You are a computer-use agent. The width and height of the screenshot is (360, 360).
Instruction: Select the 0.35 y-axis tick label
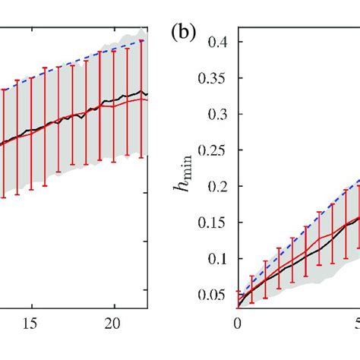click(215, 78)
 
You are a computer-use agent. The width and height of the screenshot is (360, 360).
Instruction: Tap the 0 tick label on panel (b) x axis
click(238, 323)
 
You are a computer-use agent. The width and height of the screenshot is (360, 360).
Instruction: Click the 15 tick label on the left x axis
click(31, 323)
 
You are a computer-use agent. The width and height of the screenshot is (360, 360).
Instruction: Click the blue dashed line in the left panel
click(76, 65)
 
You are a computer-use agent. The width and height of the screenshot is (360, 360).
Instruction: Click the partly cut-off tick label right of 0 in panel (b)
click(356, 323)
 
